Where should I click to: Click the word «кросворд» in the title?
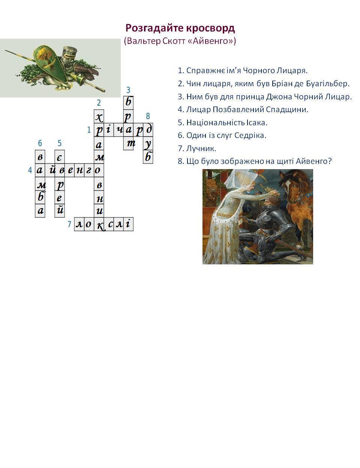(210, 28)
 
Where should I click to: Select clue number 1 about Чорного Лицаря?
(243, 70)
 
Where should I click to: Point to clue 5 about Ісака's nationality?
(222, 123)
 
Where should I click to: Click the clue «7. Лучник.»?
(197, 148)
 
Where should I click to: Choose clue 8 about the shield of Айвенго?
(255, 161)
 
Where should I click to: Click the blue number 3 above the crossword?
(128, 90)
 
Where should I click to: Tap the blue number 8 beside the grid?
(148, 116)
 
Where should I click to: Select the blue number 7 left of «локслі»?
(69, 224)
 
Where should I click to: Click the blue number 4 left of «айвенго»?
(30, 170)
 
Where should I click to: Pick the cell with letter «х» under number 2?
(99, 117)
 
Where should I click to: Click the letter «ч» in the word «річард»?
(118, 130)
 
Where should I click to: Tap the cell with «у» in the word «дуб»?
(148, 143)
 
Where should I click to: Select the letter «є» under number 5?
(59, 157)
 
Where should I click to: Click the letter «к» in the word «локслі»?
(99, 224)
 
